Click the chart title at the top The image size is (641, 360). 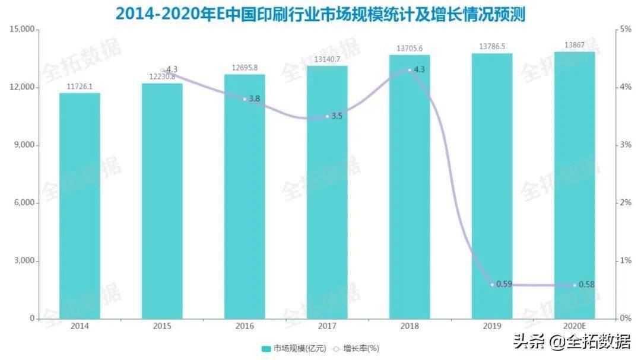point(320,12)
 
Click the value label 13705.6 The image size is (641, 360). point(410,48)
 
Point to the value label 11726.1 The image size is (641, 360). point(80,87)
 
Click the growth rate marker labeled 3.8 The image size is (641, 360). point(245,99)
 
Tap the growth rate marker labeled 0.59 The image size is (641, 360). point(492,285)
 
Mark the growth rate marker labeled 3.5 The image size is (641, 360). point(327,116)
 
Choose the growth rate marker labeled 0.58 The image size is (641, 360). point(575,285)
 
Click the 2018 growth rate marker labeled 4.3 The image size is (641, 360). point(410,70)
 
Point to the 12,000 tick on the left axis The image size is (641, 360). point(22,87)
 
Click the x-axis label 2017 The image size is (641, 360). point(327,326)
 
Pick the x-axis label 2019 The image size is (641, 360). point(492,326)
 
